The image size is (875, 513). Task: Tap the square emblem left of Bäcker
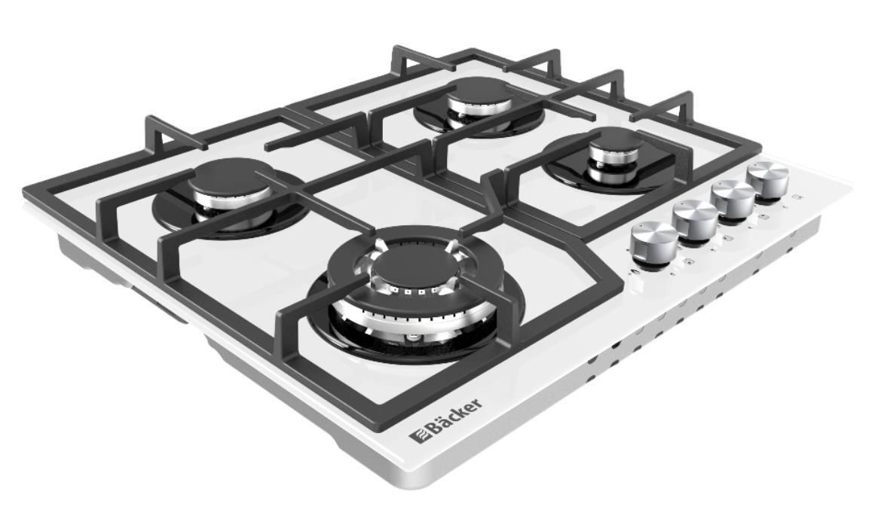click(x=416, y=435)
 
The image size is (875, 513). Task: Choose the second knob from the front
click(x=696, y=218)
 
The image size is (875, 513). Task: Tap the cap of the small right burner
click(x=615, y=141)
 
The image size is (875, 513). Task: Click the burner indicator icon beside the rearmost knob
click(x=798, y=198)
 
